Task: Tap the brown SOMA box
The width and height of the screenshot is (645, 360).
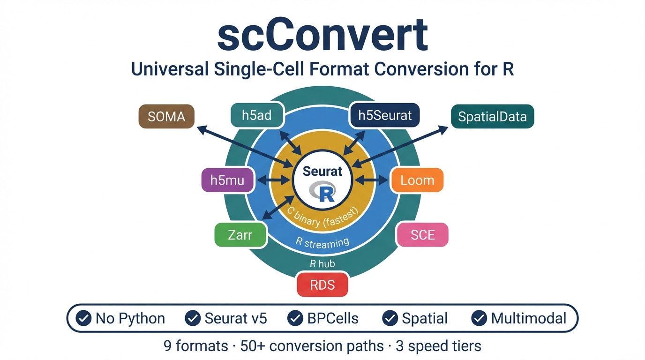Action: [166, 116]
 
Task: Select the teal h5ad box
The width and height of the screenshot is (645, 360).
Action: [257, 115]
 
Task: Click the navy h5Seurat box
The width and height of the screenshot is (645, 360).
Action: [384, 115]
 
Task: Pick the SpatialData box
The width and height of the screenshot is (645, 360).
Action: [492, 116]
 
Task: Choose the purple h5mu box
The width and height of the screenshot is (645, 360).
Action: [227, 180]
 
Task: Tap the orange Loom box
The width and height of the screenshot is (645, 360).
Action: [417, 180]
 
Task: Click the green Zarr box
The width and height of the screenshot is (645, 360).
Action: [240, 234]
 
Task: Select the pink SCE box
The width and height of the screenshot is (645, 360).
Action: [422, 234]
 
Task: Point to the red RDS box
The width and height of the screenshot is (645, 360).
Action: [322, 285]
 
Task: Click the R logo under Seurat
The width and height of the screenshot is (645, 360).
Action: [323, 191]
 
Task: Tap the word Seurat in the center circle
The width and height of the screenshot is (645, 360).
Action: [322, 171]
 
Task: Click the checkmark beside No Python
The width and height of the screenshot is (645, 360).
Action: [83, 318]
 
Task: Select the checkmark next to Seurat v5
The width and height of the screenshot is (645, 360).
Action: [193, 318]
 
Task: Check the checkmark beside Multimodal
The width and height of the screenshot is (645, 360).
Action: [479, 318]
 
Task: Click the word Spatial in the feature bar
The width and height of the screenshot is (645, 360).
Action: [425, 318]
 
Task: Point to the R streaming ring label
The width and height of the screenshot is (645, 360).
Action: [322, 242]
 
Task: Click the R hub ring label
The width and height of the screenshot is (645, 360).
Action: [322, 263]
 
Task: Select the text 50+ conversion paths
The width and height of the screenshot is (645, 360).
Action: [312, 346]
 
